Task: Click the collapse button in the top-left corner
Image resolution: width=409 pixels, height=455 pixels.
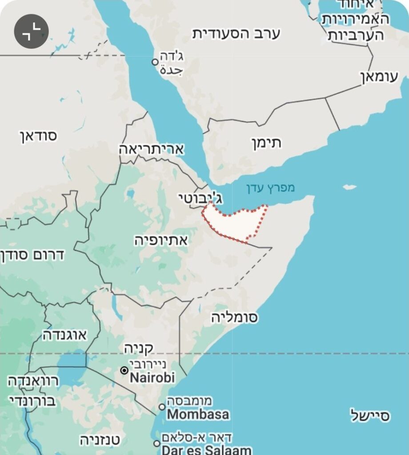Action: point(31,31)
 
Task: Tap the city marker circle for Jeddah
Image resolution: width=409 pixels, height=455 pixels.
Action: point(155,62)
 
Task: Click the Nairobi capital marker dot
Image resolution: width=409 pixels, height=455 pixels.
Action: point(124,370)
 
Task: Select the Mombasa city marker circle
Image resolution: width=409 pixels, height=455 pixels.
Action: point(162,407)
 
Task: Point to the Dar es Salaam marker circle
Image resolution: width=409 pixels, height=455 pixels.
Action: point(156,443)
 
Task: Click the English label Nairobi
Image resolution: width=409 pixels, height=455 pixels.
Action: point(152,378)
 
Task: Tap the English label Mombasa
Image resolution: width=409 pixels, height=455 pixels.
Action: point(198,415)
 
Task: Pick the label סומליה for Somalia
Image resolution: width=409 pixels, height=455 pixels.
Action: point(234,317)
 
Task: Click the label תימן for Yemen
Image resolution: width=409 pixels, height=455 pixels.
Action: point(268,144)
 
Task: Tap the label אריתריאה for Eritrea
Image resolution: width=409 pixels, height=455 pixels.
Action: point(151,149)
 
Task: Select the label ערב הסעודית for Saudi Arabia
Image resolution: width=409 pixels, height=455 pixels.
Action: point(236,34)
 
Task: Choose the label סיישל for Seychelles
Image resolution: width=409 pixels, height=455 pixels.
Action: point(370,415)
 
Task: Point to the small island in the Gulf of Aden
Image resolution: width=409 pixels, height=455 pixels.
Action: point(350,187)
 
